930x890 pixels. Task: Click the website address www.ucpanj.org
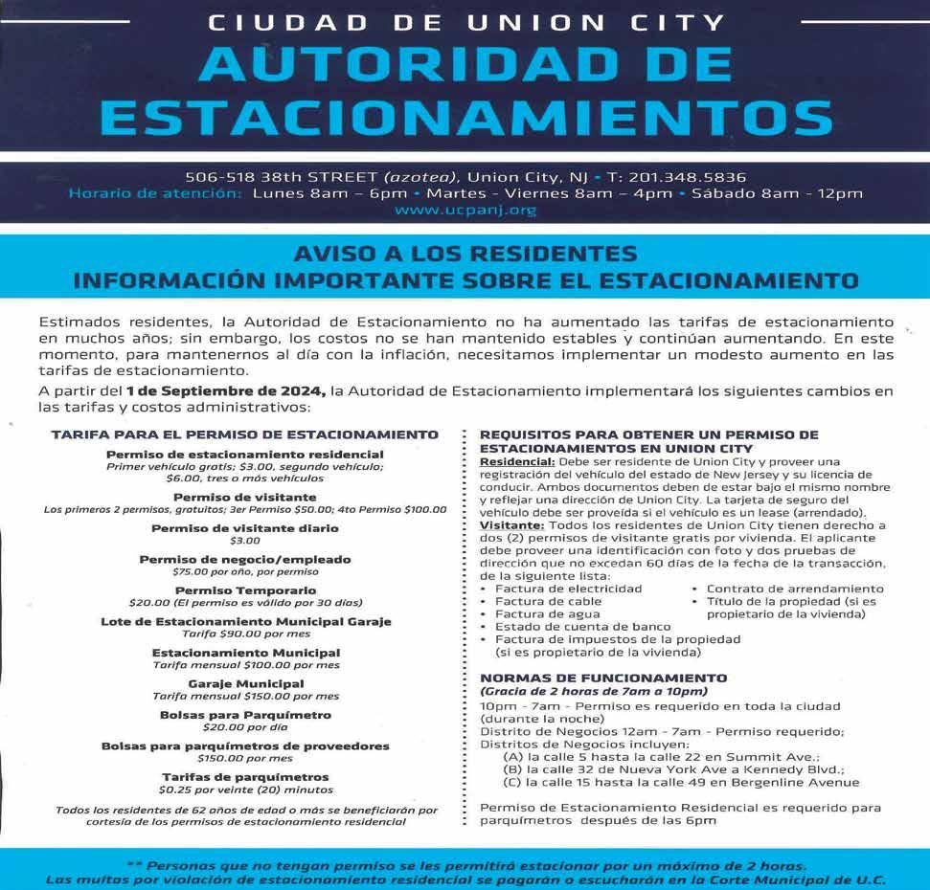tap(465, 211)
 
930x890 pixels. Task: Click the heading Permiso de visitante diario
tap(245, 528)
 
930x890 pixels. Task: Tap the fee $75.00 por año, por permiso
tap(245, 571)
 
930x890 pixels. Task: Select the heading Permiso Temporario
tap(245, 590)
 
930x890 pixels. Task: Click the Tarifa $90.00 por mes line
tap(245, 634)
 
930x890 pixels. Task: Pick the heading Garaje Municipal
tap(245, 683)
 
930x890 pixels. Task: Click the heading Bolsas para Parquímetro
tap(245, 715)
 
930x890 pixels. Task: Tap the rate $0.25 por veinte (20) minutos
tap(245, 790)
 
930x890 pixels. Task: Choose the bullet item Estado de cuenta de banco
tap(569, 627)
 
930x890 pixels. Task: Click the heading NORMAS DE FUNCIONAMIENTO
tap(602, 678)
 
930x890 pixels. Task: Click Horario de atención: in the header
tap(156, 193)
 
